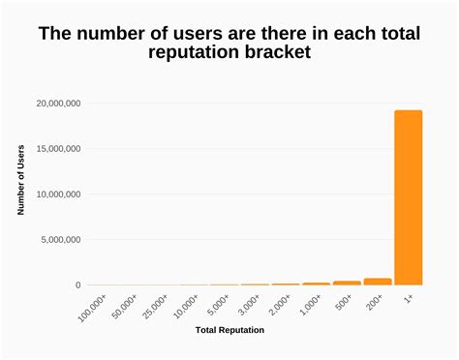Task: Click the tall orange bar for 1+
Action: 408,197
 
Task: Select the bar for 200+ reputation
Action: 377,282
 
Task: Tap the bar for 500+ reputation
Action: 347,283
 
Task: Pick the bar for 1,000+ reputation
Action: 316,284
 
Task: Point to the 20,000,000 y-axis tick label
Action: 58,104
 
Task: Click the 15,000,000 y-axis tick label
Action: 58,149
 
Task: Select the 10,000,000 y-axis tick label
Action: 58,195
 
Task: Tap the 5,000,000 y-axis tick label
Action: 61,240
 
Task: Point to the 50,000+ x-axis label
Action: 124,304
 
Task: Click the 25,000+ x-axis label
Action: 155,304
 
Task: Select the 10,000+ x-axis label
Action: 186,304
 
